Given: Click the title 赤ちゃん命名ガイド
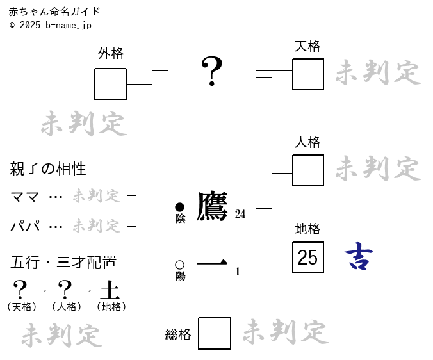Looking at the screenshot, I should (54, 12).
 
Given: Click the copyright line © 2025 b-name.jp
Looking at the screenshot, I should (51, 25).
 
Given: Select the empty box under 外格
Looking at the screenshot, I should (110, 84).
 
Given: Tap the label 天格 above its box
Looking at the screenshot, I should (307, 46).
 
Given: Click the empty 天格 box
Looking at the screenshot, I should (308, 74).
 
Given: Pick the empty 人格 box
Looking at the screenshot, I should (308, 170).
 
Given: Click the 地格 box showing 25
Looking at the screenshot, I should (308, 258).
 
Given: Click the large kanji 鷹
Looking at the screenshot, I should (212, 206).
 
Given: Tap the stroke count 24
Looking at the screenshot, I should (240, 214).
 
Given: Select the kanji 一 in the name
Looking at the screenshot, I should (212, 263).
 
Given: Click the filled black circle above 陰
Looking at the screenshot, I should (180, 207).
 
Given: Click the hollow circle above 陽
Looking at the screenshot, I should (180, 265).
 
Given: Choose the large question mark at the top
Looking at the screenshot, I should (212, 71).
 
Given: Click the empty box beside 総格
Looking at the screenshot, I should (215, 333).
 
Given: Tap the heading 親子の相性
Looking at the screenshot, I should (48, 169).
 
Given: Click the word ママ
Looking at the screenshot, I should (25, 196).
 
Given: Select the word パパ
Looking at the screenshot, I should (25, 225).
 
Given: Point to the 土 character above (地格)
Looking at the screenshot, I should (111, 290).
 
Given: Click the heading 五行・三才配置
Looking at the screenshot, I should (63, 263).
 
